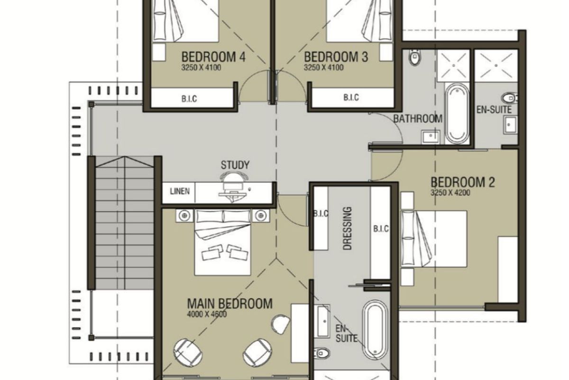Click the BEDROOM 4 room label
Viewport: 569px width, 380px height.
(213, 57)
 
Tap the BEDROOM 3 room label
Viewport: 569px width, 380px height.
(336, 57)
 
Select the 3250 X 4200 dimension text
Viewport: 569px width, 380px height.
(450, 193)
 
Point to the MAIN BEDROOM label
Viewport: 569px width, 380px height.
(229, 304)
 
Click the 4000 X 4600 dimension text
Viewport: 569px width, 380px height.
(207, 314)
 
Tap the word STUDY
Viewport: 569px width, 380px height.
(235, 165)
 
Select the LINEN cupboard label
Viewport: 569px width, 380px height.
(180, 191)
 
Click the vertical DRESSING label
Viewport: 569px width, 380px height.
(347, 228)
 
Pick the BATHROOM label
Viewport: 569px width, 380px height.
(418, 119)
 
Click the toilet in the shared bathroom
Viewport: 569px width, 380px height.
(415, 57)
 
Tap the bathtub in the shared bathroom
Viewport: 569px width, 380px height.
(457, 114)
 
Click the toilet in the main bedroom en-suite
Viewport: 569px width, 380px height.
(321, 353)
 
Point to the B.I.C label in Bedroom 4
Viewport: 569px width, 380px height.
(189, 99)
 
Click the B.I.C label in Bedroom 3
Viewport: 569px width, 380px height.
(351, 97)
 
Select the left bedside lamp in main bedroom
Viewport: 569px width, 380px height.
(184, 216)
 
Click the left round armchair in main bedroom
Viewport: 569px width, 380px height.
(188, 352)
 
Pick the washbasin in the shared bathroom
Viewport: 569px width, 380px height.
(431, 136)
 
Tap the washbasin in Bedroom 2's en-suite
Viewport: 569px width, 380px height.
(510, 125)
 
